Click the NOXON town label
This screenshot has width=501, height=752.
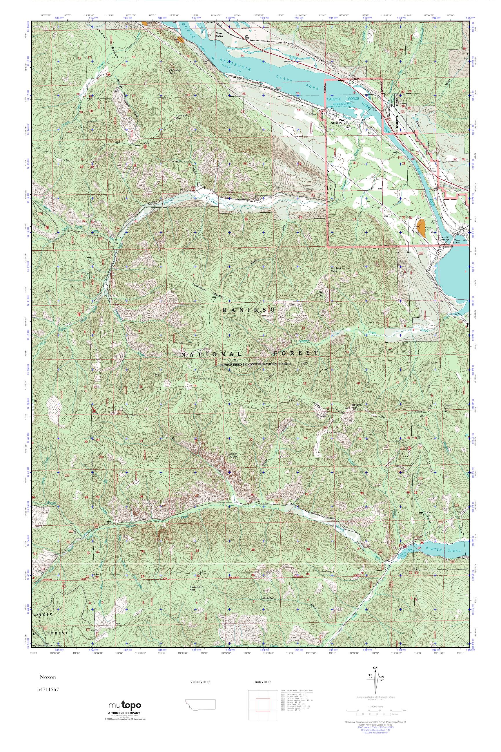(x=336, y=123)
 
